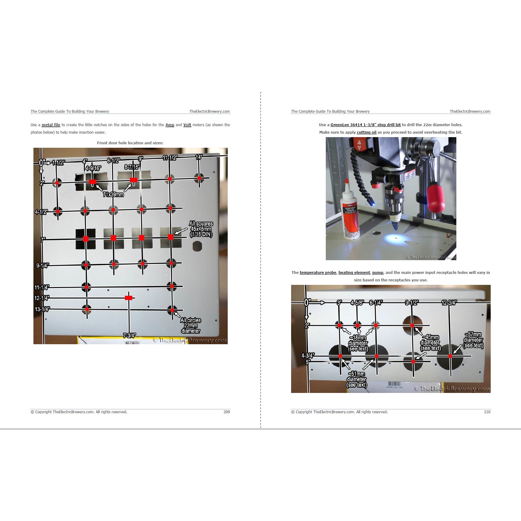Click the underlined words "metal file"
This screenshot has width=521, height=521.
(x=51, y=125)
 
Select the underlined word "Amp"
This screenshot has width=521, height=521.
(x=170, y=125)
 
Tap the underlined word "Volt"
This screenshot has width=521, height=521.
(x=187, y=125)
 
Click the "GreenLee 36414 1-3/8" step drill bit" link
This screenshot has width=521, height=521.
(x=366, y=125)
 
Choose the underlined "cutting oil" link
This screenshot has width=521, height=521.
(x=367, y=132)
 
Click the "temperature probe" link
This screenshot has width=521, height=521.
(x=318, y=273)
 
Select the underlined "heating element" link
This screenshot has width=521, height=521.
(x=354, y=273)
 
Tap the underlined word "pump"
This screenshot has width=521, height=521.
(x=378, y=273)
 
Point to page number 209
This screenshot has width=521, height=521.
(x=227, y=412)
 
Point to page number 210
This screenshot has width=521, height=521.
(x=487, y=412)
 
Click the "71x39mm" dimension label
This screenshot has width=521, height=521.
(x=113, y=195)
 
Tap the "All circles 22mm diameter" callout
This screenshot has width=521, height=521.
(x=191, y=325)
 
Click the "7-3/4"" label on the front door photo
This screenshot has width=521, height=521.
(x=129, y=336)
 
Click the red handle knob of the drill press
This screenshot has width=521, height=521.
(x=436, y=198)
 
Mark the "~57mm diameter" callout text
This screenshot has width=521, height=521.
(x=473, y=340)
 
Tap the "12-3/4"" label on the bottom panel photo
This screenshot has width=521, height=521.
(x=449, y=303)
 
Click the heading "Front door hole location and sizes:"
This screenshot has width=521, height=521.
(x=130, y=143)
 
